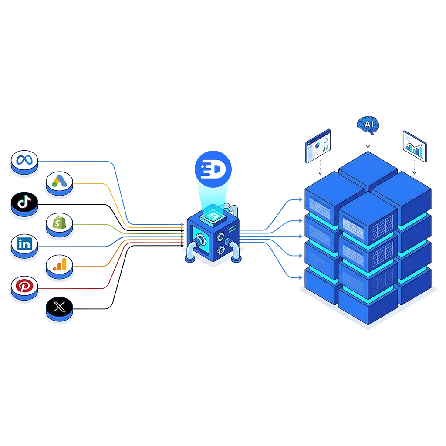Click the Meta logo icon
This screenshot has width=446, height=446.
[24, 160]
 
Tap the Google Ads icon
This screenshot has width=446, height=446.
[59, 180]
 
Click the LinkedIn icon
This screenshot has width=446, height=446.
[24, 244]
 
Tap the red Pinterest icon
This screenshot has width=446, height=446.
[24, 286]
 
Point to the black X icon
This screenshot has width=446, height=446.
[59, 307]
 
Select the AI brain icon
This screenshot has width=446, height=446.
[368, 124]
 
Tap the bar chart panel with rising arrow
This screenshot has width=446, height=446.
[413, 146]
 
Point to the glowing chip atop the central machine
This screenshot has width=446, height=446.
[214, 213]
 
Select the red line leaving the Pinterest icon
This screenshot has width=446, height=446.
[87, 288]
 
